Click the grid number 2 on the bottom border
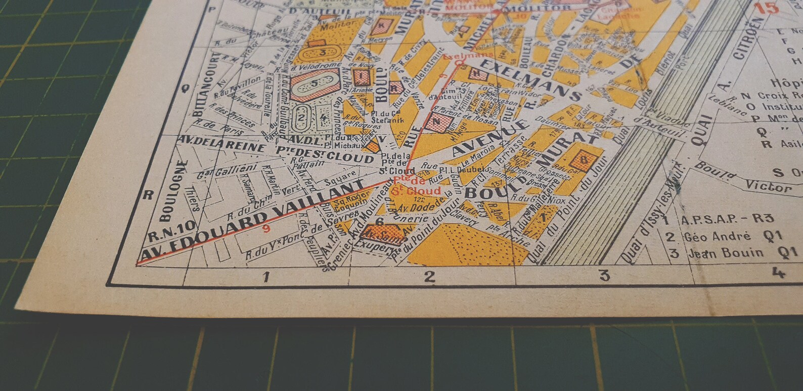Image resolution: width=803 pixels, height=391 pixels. pyautogui.click(x=429, y=277)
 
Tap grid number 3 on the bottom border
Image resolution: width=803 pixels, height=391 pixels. pyautogui.click(x=604, y=276)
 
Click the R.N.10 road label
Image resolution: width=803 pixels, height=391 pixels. pyautogui.click(x=165, y=236)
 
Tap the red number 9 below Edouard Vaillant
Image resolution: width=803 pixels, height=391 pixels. pyautogui.click(x=266, y=228)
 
